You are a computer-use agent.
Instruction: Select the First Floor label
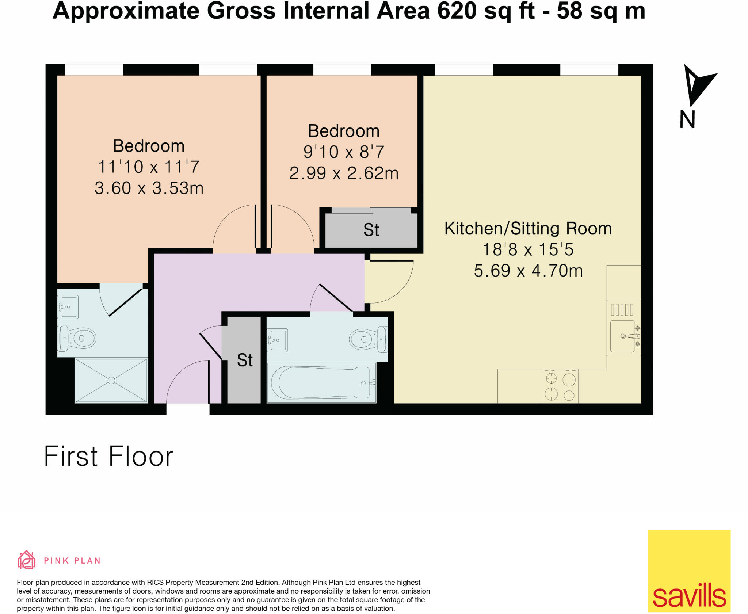coord(108,456)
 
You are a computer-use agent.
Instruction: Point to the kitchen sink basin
coord(622,336)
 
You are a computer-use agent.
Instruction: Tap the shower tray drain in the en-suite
coord(111,380)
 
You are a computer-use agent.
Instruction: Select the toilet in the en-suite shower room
coord(78,338)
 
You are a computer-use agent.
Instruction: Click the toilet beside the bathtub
coord(367,339)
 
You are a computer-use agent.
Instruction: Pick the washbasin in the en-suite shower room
coord(68,307)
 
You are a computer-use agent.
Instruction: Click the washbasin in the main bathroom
coord(277,340)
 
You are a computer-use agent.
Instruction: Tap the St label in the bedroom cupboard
coord(371,230)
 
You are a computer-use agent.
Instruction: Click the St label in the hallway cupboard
coord(244,360)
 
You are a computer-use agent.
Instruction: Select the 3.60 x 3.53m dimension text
coord(149,188)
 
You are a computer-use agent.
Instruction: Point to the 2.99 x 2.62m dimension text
coord(344,173)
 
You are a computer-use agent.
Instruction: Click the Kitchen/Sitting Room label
coord(528,229)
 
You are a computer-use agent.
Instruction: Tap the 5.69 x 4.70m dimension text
coord(528,271)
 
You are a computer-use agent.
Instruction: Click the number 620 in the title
coord(457,11)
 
